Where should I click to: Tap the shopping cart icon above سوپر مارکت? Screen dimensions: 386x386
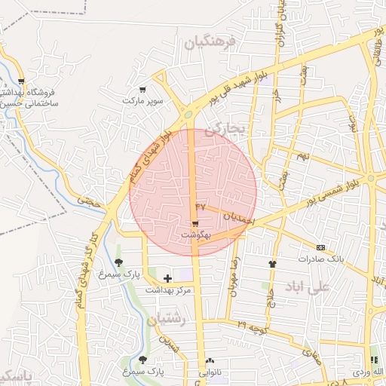tap(142, 88)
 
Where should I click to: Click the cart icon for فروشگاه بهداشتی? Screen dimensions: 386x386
tap(21, 81)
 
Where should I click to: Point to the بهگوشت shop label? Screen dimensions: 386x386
tap(195, 235)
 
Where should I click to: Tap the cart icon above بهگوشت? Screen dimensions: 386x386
tap(195, 224)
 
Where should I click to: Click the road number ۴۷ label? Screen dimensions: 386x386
tap(200, 205)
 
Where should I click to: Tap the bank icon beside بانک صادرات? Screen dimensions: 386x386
tap(321, 247)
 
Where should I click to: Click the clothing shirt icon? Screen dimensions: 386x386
tap(272, 264)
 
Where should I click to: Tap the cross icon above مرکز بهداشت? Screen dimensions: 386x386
tap(167, 279)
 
